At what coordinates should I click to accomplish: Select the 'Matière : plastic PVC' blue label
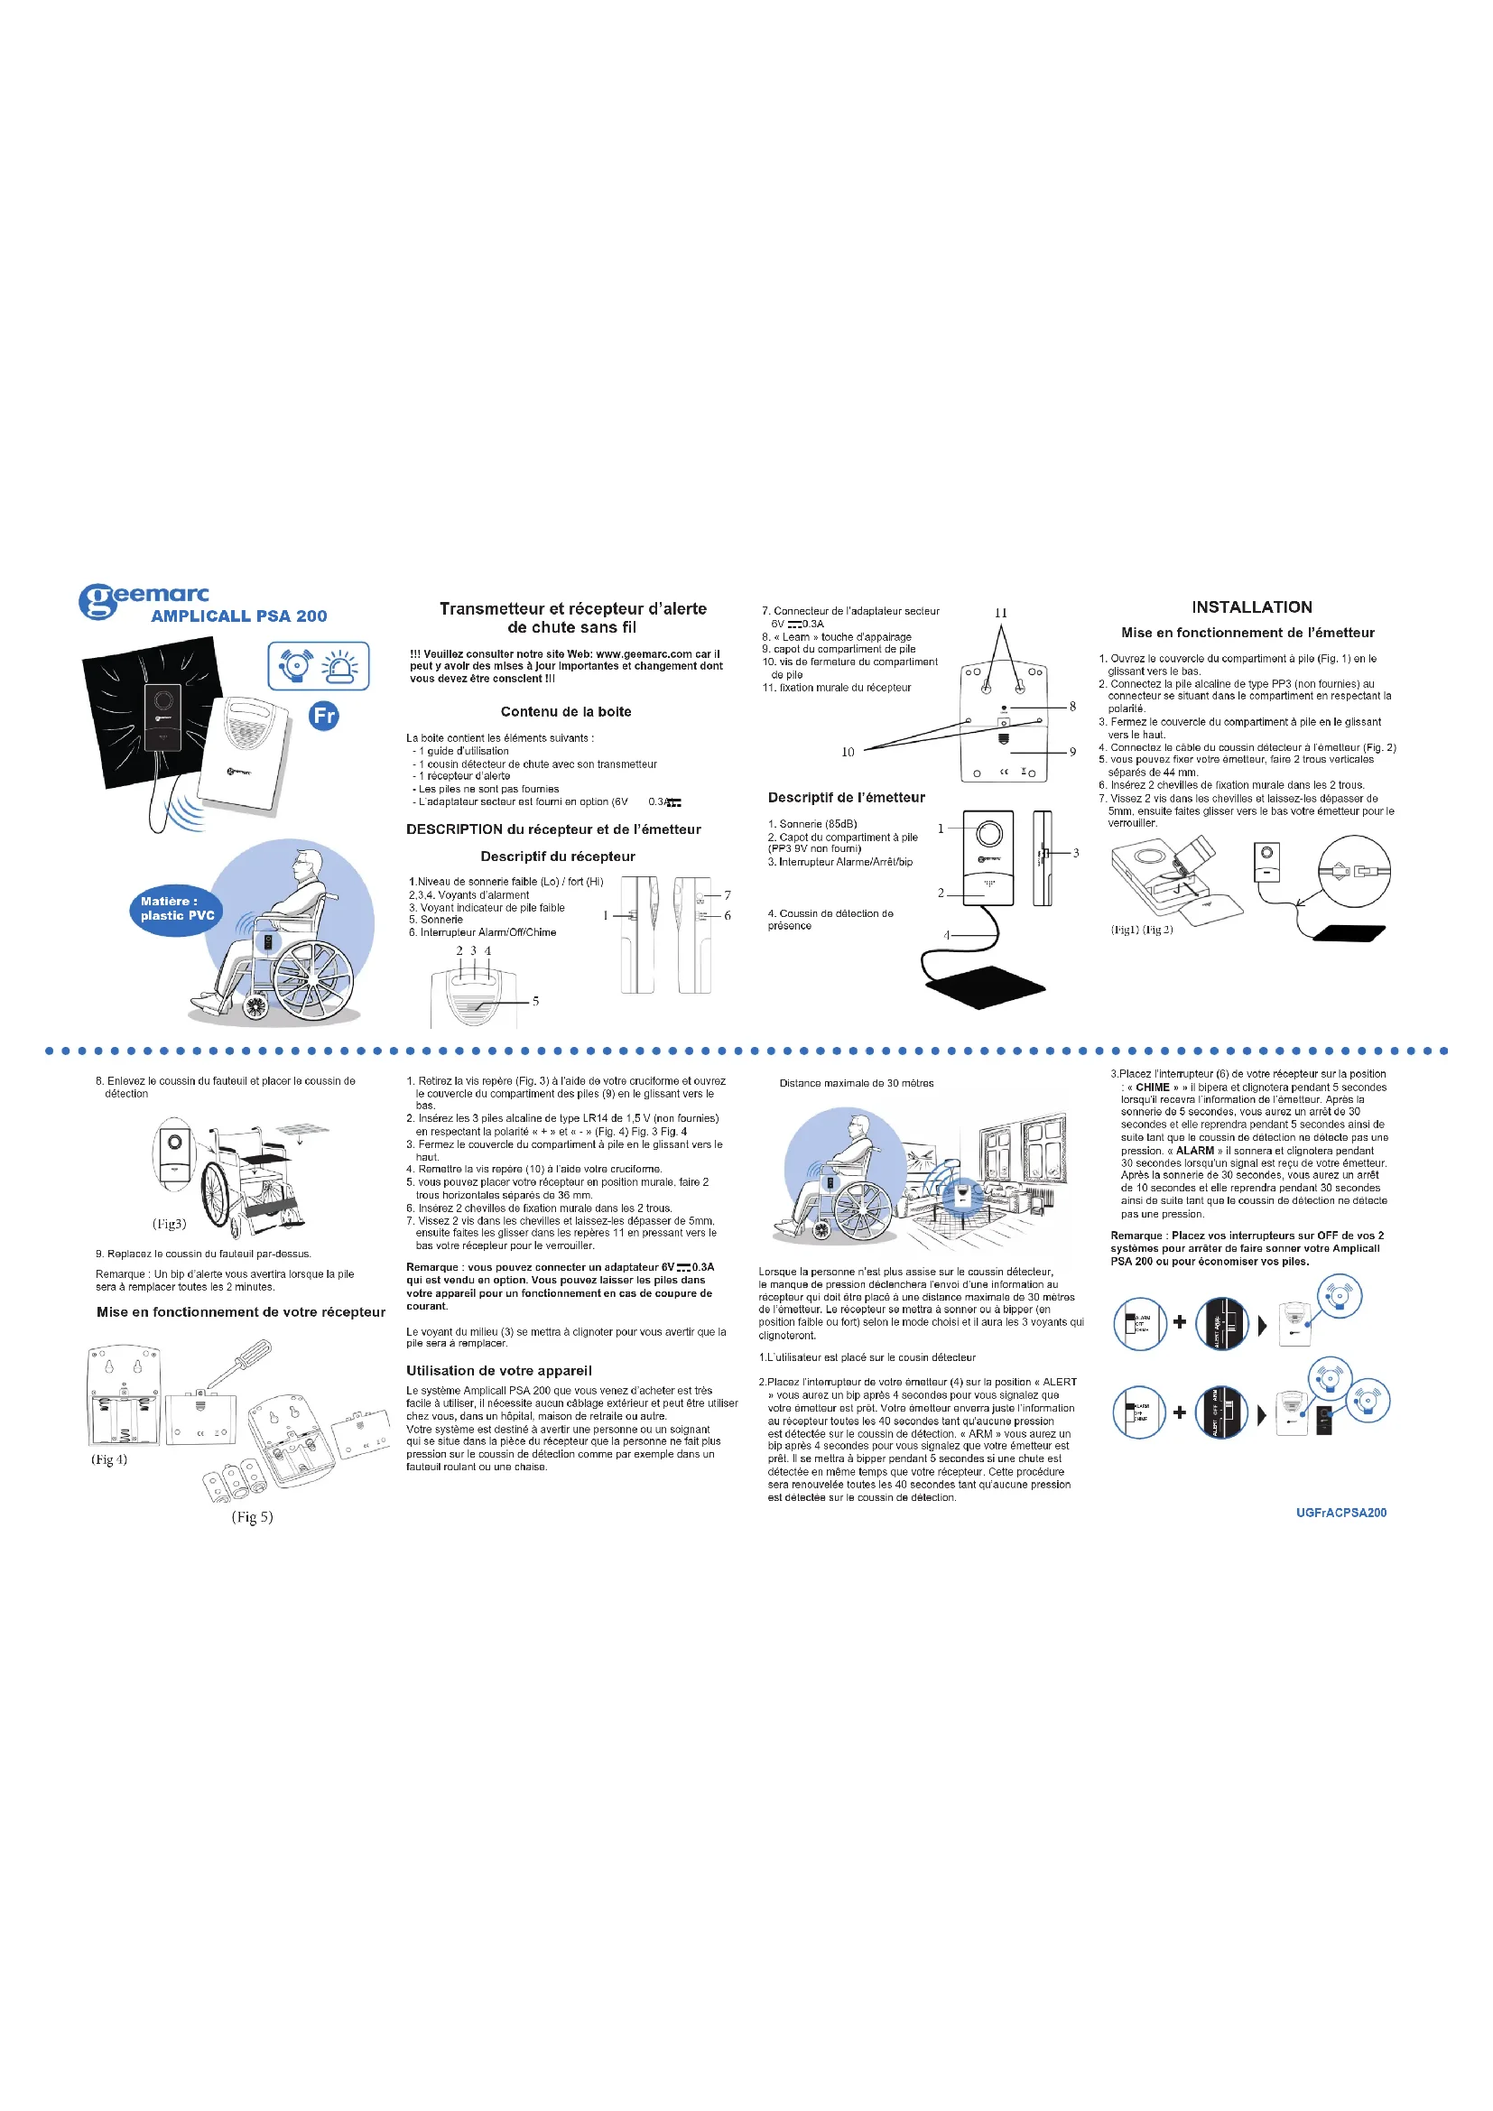click(x=177, y=909)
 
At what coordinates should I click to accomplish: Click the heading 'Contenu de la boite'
click(x=565, y=711)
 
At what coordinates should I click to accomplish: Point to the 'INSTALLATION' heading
click(x=1251, y=606)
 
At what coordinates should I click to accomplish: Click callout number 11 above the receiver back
click(x=1001, y=612)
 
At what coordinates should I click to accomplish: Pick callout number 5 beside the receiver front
click(x=535, y=1001)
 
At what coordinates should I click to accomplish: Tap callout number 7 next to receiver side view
click(x=728, y=894)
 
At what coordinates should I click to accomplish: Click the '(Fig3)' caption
click(x=169, y=1223)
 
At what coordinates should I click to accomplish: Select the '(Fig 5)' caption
click(x=252, y=1516)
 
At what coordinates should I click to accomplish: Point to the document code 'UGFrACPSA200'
click(x=1340, y=1513)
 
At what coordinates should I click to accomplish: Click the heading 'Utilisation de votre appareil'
click(x=499, y=1370)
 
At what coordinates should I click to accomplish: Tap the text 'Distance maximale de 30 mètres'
click(x=856, y=1083)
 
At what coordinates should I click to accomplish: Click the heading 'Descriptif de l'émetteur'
click(x=846, y=797)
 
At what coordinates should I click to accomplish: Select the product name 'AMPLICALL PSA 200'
click(x=239, y=616)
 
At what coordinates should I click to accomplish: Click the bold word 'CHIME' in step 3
click(x=1152, y=1087)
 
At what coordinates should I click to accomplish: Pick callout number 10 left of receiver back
click(x=848, y=752)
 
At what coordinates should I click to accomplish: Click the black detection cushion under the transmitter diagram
click(x=985, y=986)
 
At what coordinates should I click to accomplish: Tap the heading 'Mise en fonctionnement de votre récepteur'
click(x=241, y=1312)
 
